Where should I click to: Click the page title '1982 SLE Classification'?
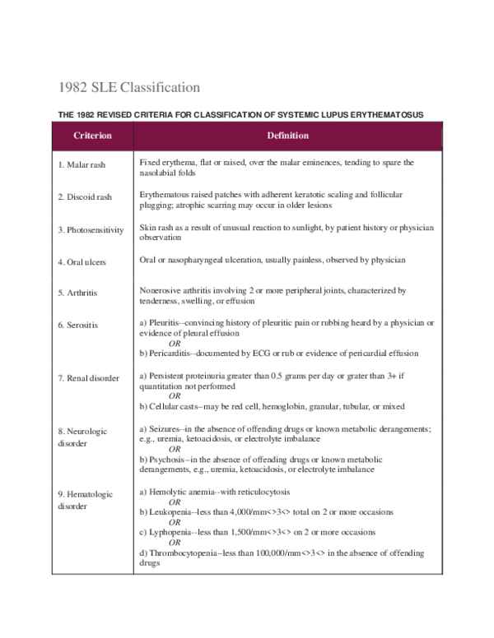(x=129, y=86)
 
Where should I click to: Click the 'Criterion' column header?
(x=92, y=136)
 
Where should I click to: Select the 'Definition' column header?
(x=288, y=136)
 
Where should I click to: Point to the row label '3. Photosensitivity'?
(x=93, y=229)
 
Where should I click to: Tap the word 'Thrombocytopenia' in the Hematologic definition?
(x=183, y=554)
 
